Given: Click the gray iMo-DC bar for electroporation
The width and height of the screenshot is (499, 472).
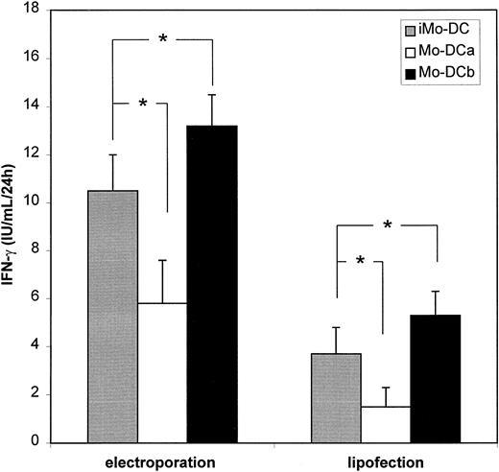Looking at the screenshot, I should pyautogui.click(x=113, y=317).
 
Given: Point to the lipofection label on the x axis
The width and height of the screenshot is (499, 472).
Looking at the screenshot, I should pyautogui.click(x=385, y=460).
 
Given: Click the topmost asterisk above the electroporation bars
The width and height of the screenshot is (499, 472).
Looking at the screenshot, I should pyautogui.click(x=163, y=38).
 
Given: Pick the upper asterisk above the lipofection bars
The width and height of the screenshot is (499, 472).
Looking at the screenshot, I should pyautogui.click(x=387, y=224).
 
